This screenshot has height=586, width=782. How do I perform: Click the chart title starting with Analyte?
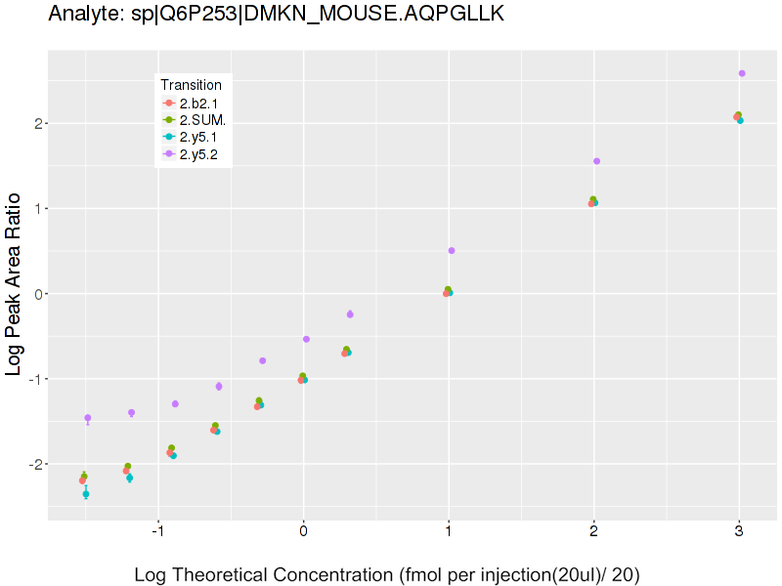[x=277, y=14]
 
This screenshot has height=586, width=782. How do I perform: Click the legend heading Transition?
[x=191, y=85]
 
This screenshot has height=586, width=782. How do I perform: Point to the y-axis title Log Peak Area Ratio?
[x=16, y=283]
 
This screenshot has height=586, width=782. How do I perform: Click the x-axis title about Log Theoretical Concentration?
[x=387, y=573]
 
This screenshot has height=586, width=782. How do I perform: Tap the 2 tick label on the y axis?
[x=32, y=123]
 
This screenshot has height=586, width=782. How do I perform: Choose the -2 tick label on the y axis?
[x=29, y=464]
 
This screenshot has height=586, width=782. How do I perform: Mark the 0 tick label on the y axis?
[x=32, y=294]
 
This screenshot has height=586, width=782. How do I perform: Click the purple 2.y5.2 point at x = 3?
[x=742, y=73]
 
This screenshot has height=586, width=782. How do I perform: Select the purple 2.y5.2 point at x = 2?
[x=596, y=161]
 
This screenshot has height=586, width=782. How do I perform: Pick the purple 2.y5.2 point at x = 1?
[x=452, y=251]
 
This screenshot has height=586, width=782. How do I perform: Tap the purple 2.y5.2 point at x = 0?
[x=306, y=339]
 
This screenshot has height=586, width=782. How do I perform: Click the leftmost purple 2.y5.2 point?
[x=88, y=418]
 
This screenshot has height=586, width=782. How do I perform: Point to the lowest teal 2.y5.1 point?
[x=86, y=494]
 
